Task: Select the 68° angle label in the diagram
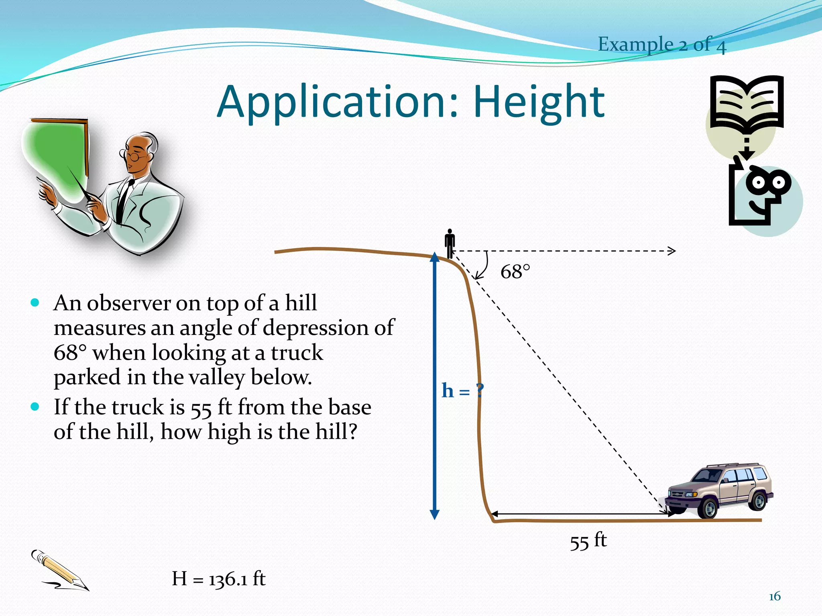[515, 272]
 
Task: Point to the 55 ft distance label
[588, 541]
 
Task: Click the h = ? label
[462, 390]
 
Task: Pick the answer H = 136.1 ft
[219, 579]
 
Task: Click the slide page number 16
[774, 596]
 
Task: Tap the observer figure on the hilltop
[450, 243]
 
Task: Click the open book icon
[747, 102]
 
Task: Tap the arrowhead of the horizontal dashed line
[671, 251]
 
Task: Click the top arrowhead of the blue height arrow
[435, 257]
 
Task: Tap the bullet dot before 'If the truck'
[35, 407]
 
